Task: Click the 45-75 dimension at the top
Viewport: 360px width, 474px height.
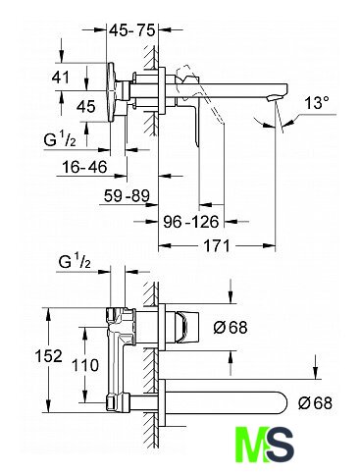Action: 131,30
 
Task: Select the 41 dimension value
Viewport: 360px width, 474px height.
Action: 61,78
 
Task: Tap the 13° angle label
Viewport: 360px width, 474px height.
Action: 317,103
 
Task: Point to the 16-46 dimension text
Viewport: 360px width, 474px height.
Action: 84,167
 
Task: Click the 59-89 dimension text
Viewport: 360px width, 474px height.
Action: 127,196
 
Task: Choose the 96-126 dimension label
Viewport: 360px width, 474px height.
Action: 190,222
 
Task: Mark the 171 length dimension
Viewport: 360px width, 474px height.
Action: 217,245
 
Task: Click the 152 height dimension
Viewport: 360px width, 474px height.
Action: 48,356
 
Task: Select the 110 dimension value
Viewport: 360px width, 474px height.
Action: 84,365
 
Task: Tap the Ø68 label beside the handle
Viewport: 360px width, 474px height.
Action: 231,327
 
